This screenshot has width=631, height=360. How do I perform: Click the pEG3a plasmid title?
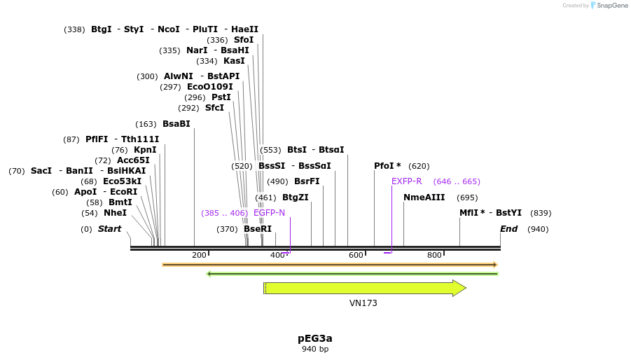[x=314, y=338]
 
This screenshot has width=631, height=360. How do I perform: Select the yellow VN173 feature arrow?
[x=364, y=288]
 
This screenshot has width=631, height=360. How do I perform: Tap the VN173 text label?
[x=363, y=303]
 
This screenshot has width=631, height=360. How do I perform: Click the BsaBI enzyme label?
[x=176, y=124]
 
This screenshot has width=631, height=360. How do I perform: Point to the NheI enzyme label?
[x=115, y=213]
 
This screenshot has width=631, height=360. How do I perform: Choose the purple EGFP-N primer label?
[x=269, y=213]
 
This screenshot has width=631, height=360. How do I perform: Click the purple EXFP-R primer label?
[x=406, y=181]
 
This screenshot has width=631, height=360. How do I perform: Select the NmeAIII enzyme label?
[x=424, y=198]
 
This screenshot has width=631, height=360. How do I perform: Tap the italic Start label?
[x=109, y=229]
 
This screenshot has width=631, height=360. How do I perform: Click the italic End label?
[x=508, y=229]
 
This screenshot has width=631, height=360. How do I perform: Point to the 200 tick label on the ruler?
[x=199, y=255]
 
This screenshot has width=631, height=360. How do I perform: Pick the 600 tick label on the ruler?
[x=356, y=255]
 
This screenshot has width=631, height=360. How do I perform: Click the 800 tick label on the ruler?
[x=434, y=255]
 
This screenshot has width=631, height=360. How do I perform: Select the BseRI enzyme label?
[x=257, y=229]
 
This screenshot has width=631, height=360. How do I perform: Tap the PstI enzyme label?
[x=221, y=97]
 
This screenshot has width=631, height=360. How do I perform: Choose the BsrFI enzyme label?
[x=306, y=181]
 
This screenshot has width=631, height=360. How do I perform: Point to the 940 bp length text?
[x=314, y=349]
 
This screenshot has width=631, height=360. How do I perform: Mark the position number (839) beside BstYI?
[x=541, y=213]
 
